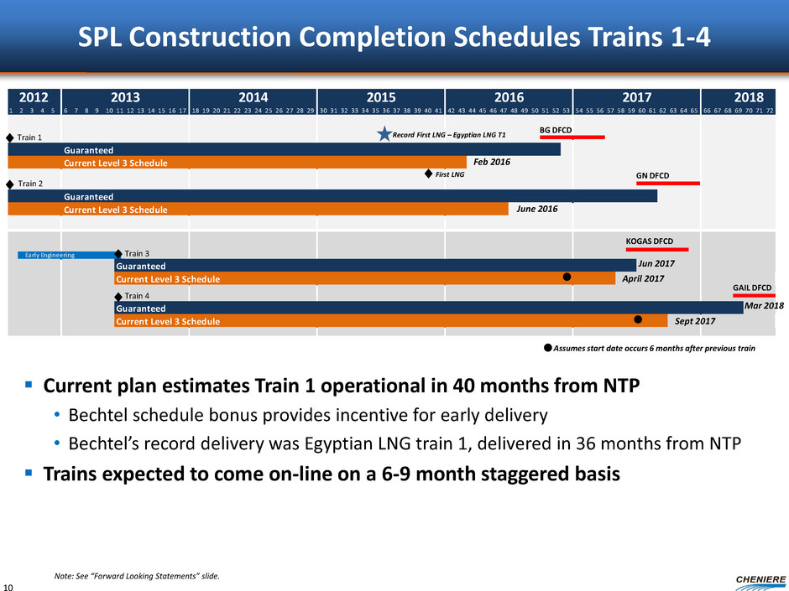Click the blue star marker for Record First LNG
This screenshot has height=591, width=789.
click(x=384, y=135)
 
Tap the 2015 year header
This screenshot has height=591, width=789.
click(x=381, y=96)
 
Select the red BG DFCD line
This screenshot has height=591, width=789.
click(x=572, y=137)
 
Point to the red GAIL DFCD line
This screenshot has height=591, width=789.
click(x=754, y=296)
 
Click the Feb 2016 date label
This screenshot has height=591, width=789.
click(x=492, y=163)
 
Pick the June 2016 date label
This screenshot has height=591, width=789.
click(x=536, y=210)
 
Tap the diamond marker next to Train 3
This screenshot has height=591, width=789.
click(x=118, y=253)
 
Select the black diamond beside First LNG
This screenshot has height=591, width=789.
click(x=428, y=174)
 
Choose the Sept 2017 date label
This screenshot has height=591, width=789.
click(x=695, y=321)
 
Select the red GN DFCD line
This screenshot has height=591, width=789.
click(x=668, y=184)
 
